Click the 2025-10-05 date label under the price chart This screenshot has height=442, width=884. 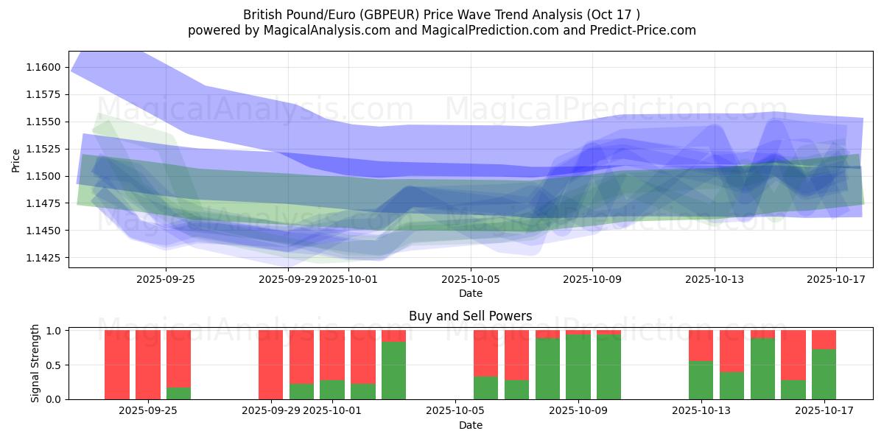click(x=471, y=279)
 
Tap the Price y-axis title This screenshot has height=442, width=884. click(x=16, y=160)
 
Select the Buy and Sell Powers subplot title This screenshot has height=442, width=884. click(x=471, y=316)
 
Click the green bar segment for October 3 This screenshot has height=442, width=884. click(x=394, y=370)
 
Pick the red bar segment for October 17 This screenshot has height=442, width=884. click(x=824, y=340)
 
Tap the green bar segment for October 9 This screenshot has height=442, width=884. click(x=578, y=366)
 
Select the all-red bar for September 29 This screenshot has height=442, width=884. click(x=271, y=365)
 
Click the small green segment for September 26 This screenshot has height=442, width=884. click(x=178, y=393)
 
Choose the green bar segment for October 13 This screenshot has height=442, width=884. click(x=701, y=379)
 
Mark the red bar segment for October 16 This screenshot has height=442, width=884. click(x=793, y=355)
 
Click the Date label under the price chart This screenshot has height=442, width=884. click(x=471, y=293)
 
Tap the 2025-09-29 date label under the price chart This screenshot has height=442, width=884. click(x=287, y=279)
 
